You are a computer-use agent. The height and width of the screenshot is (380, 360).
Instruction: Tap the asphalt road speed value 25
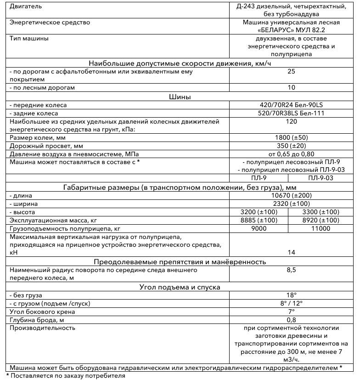291,71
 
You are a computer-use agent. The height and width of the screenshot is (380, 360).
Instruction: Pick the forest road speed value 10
291,87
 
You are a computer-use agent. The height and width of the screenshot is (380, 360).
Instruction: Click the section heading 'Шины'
180,96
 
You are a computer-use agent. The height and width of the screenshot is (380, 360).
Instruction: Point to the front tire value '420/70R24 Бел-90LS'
291,105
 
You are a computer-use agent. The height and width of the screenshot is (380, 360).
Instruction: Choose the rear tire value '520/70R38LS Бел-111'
291,113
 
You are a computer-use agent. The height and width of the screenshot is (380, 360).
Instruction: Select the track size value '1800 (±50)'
291,137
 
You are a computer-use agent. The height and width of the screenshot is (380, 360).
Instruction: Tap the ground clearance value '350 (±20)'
291,145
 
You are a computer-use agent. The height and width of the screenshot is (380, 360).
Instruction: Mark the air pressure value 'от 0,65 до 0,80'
291,153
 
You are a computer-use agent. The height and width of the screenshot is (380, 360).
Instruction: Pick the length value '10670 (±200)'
291,195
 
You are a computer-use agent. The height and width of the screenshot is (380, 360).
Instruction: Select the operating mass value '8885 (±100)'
259,220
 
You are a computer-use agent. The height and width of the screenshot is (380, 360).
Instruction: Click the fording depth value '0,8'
291,320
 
